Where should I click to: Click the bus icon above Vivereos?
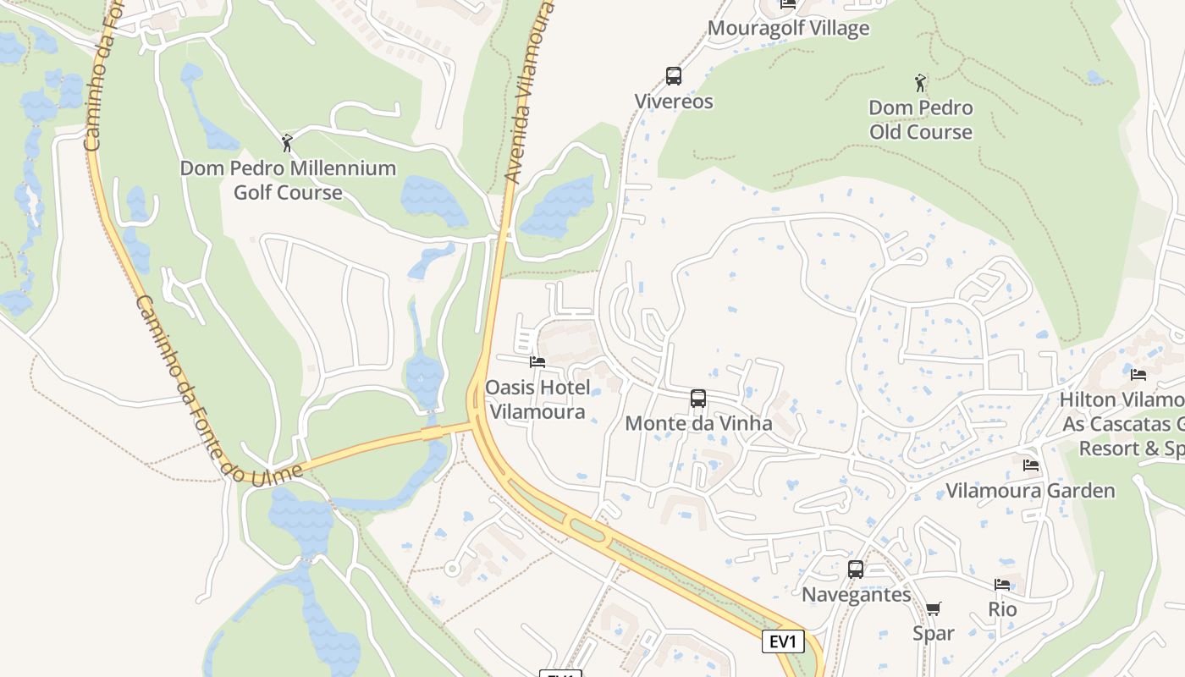(x=674, y=76)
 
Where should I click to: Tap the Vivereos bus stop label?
(x=674, y=102)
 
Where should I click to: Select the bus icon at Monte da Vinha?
(x=698, y=399)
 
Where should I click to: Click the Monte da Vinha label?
(x=698, y=423)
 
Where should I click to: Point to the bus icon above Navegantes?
(x=856, y=570)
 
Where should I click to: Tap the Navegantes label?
(x=856, y=595)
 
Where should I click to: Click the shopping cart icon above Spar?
(x=934, y=609)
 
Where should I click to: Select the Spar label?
(x=934, y=633)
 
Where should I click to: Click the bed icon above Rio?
(x=1002, y=585)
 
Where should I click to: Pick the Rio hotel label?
(x=1002, y=609)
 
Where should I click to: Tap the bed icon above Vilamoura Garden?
(x=1030, y=465)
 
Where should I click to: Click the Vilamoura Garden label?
(x=1030, y=491)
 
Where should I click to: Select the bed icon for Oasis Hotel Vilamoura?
(x=537, y=363)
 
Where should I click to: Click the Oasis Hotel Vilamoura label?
(x=537, y=399)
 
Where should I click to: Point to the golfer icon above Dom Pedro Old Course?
(x=920, y=83)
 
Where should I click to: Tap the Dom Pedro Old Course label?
(x=920, y=120)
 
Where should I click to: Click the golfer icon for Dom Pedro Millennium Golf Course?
(x=287, y=143)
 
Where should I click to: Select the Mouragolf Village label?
(x=788, y=28)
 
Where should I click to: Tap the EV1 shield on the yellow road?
(x=783, y=641)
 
